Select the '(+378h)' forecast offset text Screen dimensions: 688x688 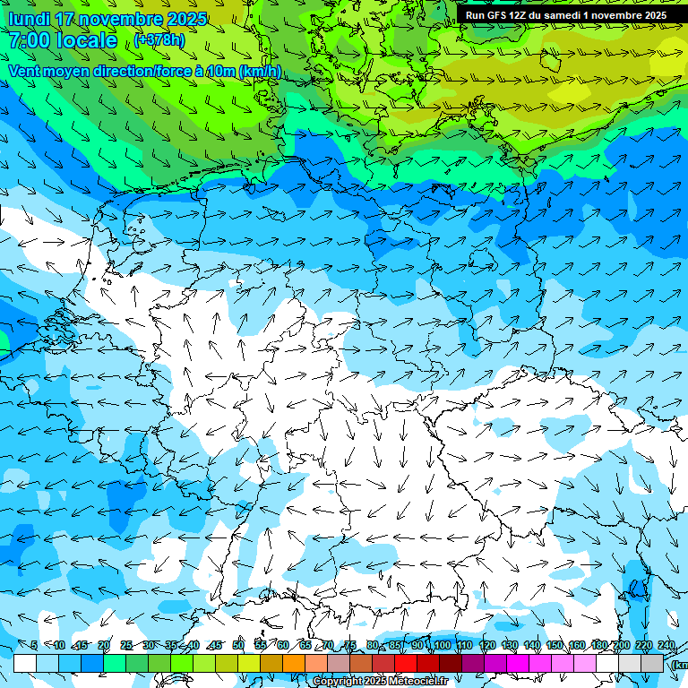(159, 39)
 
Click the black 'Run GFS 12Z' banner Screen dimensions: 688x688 (565, 14)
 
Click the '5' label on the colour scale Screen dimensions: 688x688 (34, 645)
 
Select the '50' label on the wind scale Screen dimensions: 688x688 (237, 645)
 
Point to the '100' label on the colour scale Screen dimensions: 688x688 (441, 645)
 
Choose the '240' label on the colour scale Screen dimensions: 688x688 (666, 645)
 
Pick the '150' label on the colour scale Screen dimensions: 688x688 (554, 645)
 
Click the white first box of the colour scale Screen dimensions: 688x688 (25, 663)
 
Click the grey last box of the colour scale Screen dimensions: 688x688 (652, 663)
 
